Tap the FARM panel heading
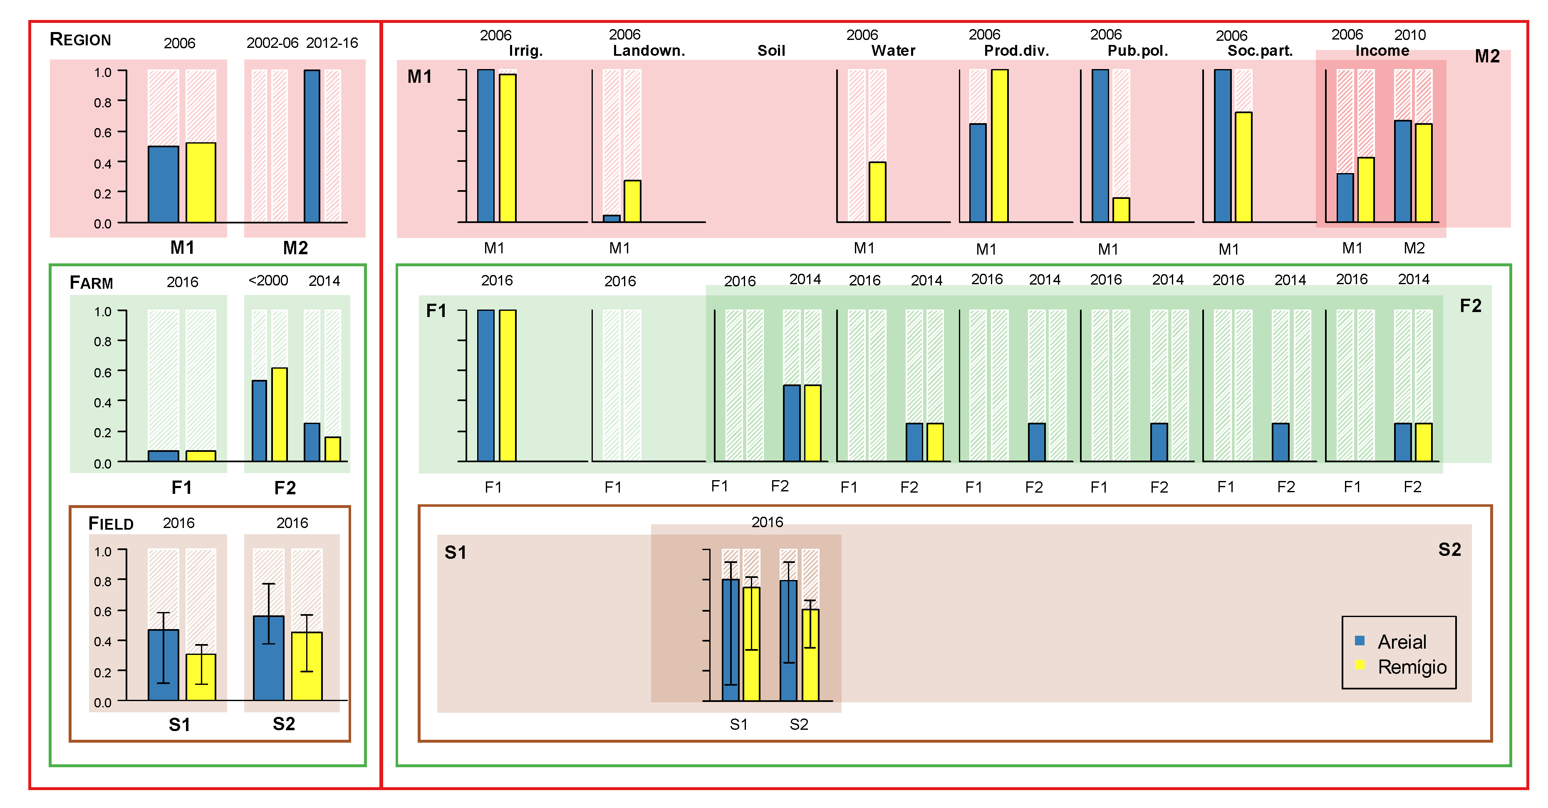coord(92,283)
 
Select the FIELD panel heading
coord(111,524)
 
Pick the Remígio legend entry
coord(1411,667)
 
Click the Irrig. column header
coord(526,51)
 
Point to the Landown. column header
coord(649,51)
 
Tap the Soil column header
coord(771,51)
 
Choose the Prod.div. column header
coord(1016,51)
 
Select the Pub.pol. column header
coord(1137,51)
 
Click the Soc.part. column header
coord(1260,51)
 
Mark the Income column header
coord(1382,51)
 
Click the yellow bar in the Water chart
coord(877,192)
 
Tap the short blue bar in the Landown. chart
coord(612,219)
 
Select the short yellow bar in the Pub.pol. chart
coord(1121,210)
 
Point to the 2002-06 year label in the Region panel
coord(272,43)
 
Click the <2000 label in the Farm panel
coord(268,281)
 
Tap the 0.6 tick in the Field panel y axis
coord(103,612)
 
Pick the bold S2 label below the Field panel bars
coord(284,724)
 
